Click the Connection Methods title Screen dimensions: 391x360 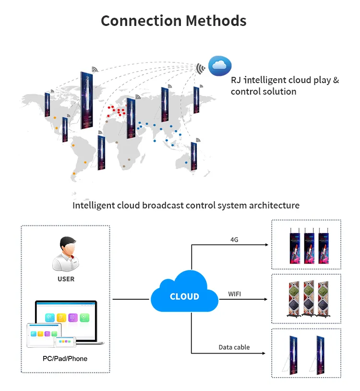[x=173, y=21]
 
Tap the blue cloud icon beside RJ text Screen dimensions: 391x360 [x=220, y=65]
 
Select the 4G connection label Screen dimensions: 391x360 [x=235, y=239]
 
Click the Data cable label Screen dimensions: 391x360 [x=234, y=347]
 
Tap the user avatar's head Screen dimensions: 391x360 [x=66, y=246]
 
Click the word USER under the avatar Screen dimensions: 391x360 [x=66, y=279]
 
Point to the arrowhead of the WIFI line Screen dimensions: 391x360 [x=265, y=300]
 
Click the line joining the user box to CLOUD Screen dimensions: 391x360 [x=131, y=300]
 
